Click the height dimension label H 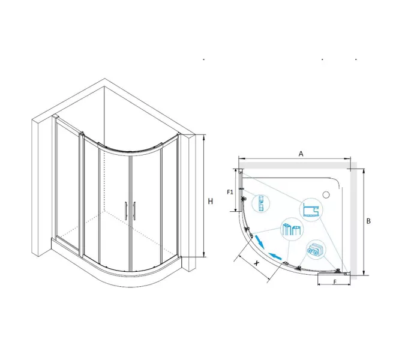[211, 201]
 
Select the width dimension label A [301, 154]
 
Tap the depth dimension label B [368, 221]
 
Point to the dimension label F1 [230, 192]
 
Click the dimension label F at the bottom [335, 282]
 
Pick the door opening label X [256, 263]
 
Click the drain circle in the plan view [326, 194]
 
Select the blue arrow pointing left [275, 256]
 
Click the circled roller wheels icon [316, 250]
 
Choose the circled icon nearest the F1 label [260, 203]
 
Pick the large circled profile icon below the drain [311, 209]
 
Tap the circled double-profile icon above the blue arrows [292, 229]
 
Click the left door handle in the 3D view [126, 211]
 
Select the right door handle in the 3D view [134, 211]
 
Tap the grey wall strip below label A [295, 165]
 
